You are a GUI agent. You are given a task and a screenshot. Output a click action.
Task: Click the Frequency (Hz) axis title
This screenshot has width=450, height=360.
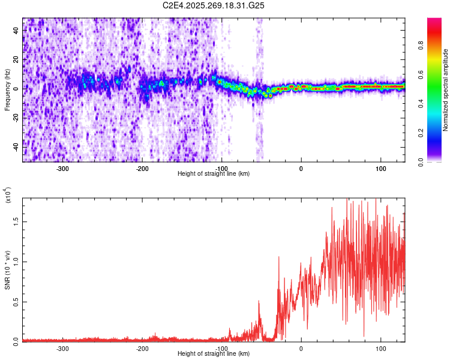coord(7,89)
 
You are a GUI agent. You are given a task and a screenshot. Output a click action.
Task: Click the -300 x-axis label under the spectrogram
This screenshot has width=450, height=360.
coord(63,169)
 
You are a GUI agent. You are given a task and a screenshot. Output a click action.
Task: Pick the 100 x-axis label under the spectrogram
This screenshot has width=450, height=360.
coord(380,169)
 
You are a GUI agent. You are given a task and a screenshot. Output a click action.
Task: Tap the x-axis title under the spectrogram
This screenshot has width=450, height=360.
coord(214,173)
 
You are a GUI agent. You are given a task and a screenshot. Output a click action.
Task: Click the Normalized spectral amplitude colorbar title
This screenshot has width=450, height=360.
coord(445,90)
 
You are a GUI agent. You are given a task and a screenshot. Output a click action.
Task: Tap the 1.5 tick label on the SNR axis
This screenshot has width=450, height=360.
coord(16,221)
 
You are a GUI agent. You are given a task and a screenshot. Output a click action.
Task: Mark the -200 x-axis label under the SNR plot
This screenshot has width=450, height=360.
coord(142,348)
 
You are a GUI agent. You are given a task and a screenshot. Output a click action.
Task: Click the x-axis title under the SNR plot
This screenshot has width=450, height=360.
coord(214,353)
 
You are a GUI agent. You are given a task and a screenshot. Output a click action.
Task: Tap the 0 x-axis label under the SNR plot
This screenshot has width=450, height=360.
coord(301,348)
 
